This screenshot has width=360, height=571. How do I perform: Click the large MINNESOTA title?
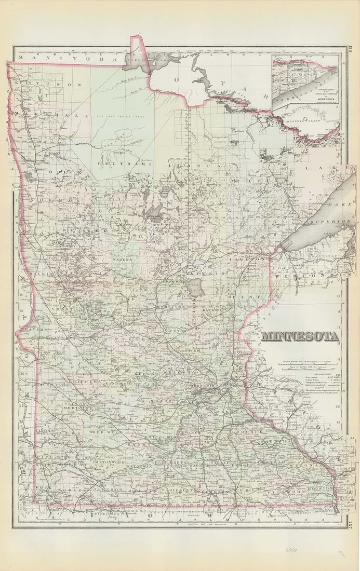pos(300,336)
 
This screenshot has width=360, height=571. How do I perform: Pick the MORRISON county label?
pos(169,307)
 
